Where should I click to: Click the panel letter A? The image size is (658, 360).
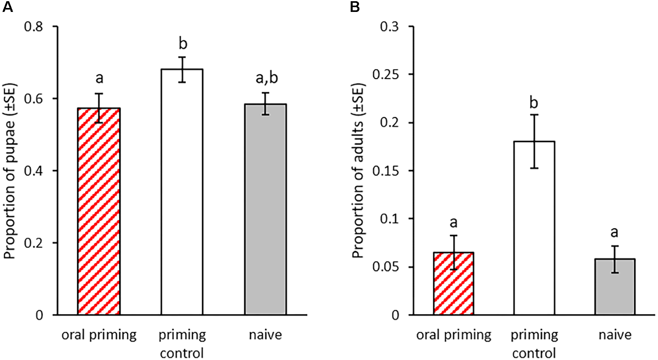(x=8, y=7)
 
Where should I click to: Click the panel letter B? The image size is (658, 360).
(x=355, y=7)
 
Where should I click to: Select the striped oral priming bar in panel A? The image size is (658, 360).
(x=99, y=215)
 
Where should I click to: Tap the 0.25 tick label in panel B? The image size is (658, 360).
(x=385, y=75)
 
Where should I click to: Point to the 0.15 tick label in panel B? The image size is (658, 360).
(x=385, y=171)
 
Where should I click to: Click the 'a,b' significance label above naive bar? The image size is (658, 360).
(x=266, y=78)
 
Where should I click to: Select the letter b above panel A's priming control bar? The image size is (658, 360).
(x=182, y=44)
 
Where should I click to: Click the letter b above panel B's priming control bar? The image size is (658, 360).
(x=534, y=103)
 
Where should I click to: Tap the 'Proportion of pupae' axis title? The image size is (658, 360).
(x=10, y=171)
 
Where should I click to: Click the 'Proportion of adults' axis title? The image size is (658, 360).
(x=358, y=171)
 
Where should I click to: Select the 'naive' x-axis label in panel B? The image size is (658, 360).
(x=615, y=335)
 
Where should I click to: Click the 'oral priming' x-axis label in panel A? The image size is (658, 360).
(x=99, y=335)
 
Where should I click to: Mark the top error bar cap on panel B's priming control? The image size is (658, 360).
(x=534, y=115)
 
